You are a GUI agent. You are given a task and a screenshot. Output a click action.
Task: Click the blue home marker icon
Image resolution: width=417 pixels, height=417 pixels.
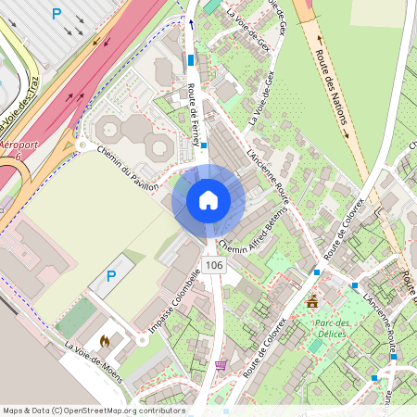point(208,199)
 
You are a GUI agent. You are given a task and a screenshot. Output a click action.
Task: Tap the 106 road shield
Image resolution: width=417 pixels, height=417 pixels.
point(215,265)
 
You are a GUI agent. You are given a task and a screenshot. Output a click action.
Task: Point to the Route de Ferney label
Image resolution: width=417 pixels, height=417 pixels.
point(195,114)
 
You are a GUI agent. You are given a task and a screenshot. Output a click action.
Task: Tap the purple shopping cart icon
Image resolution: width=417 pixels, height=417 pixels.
point(221,365)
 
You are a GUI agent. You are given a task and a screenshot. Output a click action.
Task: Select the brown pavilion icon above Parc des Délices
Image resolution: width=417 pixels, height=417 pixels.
point(312,301)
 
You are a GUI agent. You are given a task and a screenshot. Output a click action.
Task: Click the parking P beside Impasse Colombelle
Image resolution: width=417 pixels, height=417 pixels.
point(111,275)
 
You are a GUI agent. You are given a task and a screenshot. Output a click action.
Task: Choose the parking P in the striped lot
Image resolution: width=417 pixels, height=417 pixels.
point(57,14)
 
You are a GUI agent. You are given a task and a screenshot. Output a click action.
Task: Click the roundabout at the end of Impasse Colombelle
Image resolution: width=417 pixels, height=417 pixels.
point(142,340)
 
